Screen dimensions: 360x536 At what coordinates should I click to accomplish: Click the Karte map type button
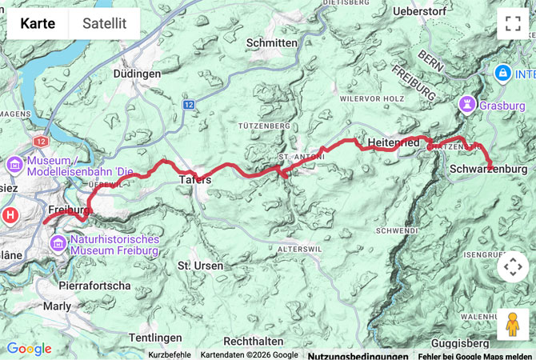38,23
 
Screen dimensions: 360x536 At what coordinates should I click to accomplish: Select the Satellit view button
104,23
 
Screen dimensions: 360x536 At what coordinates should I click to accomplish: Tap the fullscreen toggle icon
512,23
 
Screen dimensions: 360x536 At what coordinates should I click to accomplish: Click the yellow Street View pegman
512,324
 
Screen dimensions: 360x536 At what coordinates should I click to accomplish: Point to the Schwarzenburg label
488,169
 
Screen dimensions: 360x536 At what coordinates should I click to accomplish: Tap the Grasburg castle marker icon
466,104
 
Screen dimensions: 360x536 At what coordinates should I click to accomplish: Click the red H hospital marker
10,214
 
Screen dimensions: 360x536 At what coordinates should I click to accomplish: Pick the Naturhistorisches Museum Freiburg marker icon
59,243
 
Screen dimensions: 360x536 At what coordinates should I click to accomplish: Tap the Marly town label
56,306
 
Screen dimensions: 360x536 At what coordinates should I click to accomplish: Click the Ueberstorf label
425,13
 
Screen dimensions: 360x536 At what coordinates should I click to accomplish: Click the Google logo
29,349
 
